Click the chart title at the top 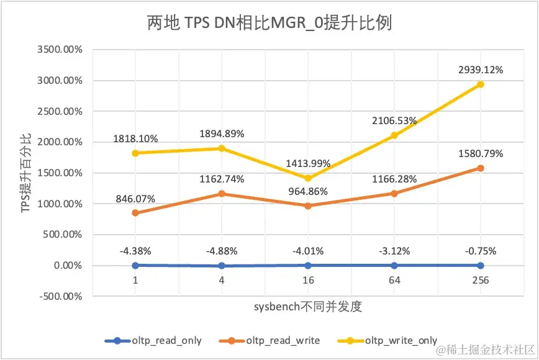point(269,24)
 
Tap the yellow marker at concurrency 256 point(481,84)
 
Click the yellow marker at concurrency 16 point(308,178)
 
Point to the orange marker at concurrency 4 point(222,194)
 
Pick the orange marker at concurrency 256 point(481,168)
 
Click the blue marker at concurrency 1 point(135,265)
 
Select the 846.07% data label point(135,199)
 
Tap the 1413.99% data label point(308,164)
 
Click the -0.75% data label point(480,251)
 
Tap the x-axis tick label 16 point(308,280)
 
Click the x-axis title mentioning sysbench point(307,307)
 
